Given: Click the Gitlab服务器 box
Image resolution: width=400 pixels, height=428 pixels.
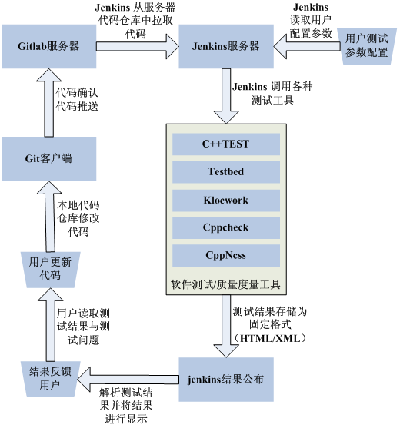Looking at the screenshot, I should (x=48, y=46).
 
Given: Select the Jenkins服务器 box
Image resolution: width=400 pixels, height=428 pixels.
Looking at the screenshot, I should (x=225, y=46).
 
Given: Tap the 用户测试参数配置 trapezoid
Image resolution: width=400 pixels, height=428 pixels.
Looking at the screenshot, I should (x=367, y=46).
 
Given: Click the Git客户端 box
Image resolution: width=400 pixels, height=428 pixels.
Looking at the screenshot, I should (x=48, y=159).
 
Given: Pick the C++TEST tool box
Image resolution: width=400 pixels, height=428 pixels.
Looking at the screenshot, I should (x=225, y=144).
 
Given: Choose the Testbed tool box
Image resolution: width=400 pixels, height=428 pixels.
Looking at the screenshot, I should (x=225, y=172).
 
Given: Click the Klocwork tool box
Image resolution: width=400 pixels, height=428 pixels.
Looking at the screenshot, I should (x=225, y=201).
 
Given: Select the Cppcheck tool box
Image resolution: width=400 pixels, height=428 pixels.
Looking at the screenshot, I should (x=225, y=228).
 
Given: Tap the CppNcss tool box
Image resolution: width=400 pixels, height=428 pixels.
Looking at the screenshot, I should (x=225, y=256).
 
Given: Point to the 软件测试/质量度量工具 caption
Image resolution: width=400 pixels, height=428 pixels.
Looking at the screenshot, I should (x=225, y=284).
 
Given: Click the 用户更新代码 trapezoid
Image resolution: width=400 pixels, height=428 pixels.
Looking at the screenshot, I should (x=49, y=268).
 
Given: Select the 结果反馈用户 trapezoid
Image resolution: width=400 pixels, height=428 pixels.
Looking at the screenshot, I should (x=49, y=378).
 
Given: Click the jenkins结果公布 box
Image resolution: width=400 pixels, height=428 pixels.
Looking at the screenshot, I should (x=225, y=379).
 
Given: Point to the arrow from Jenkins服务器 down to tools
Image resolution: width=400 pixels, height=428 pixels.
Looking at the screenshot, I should (x=225, y=95).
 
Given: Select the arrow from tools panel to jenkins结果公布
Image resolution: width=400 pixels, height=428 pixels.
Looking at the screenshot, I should (x=225, y=324).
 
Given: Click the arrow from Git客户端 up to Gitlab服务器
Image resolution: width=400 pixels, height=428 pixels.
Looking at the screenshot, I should (x=48, y=103).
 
